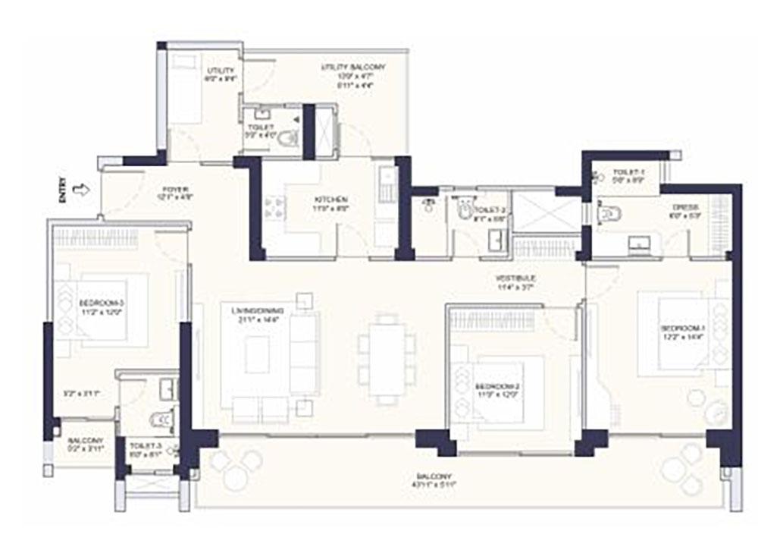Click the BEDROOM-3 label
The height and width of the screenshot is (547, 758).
point(101,307)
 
